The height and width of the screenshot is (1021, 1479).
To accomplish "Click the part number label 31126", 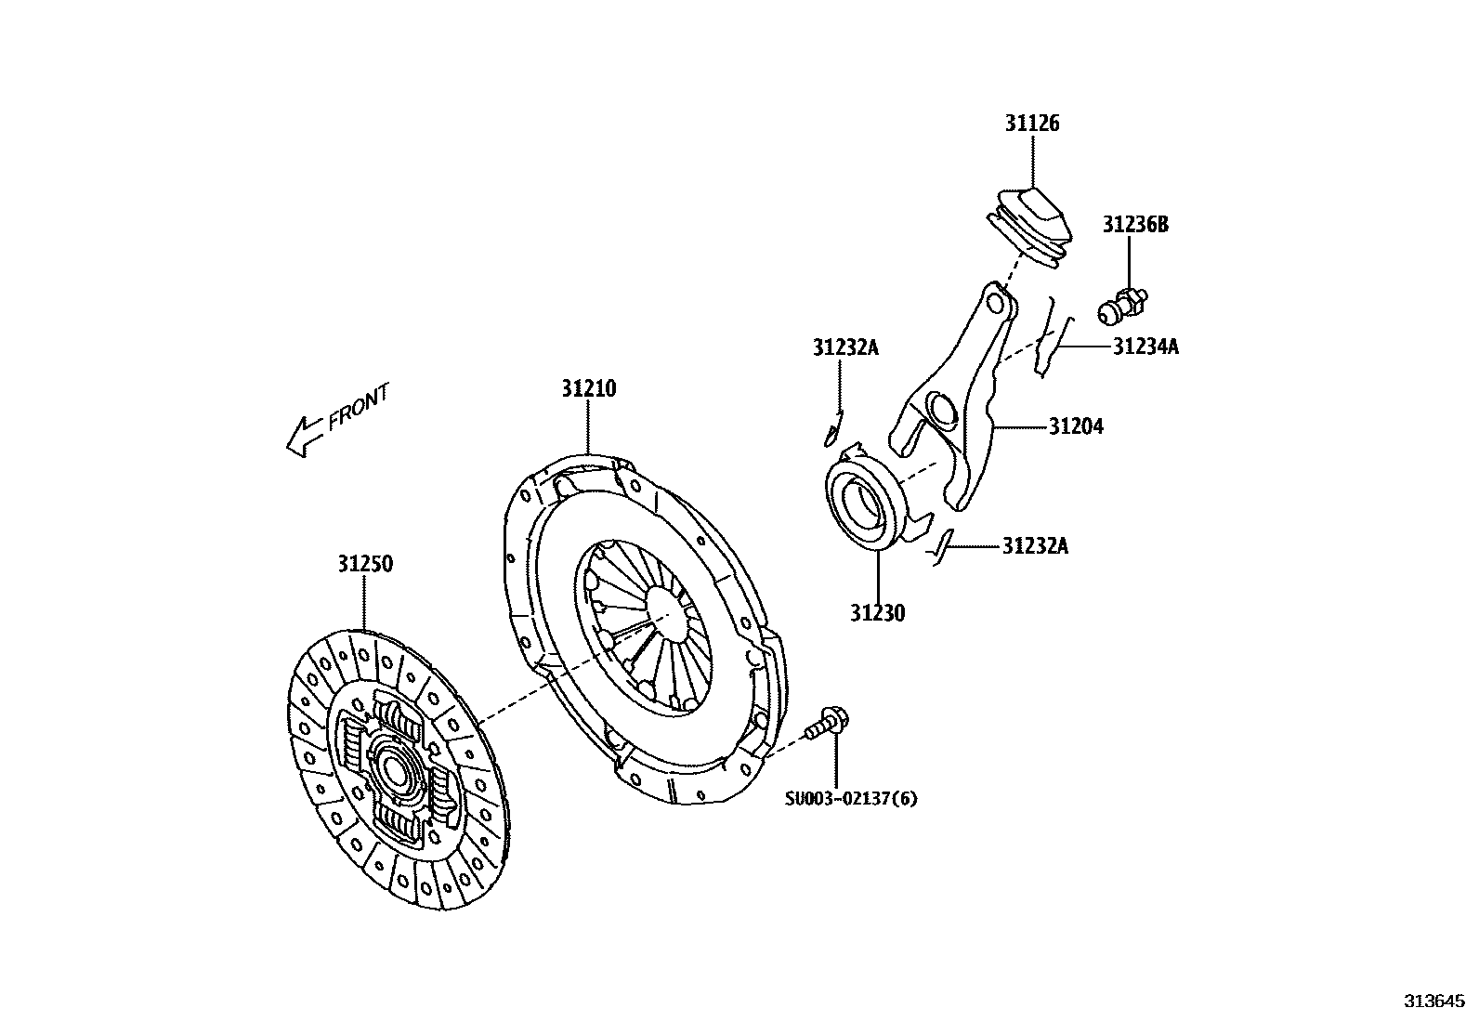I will coord(1031,124).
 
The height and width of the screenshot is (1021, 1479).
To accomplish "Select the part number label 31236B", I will coord(1135,225).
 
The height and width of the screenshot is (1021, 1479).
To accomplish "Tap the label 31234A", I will coord(1145,347).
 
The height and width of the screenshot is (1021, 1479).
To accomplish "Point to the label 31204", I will coord(1076,426).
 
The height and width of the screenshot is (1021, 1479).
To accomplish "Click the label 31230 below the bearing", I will coord(876,612).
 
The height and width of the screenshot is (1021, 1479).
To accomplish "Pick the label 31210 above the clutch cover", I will coord(588,388).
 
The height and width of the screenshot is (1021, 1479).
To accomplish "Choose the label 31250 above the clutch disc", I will coord(364,564).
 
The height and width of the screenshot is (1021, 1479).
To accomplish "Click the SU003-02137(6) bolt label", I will coord(851,798).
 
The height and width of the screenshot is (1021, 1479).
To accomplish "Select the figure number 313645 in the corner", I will coord(1433,1001).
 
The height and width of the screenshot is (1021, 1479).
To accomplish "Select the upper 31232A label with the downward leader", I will coord(845,347).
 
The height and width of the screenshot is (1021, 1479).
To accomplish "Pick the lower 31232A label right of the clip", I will coord(1035,546).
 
